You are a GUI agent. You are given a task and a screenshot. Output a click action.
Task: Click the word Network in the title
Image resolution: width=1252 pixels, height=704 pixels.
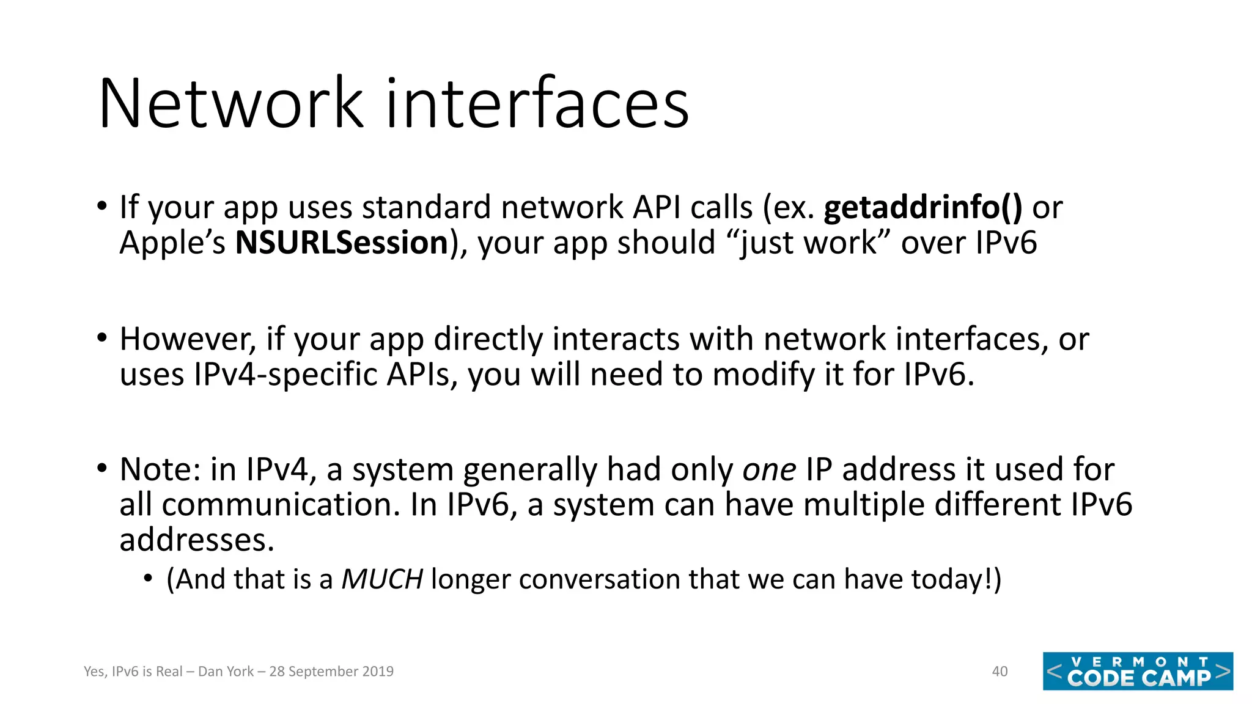(231, 104)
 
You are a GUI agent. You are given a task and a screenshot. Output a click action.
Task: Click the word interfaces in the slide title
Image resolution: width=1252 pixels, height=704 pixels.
(537, 104)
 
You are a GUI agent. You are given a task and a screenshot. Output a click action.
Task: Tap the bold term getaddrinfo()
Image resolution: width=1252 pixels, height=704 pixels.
(922, 208)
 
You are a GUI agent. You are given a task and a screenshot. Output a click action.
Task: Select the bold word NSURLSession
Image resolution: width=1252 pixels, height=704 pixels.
(342, 243)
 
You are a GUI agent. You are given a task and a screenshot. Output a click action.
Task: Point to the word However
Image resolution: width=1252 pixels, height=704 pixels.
(187, 339)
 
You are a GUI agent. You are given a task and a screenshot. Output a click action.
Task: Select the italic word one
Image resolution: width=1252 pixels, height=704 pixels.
(769, 470)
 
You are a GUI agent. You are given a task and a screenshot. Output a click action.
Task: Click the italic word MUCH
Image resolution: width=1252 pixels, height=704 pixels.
(382, 579)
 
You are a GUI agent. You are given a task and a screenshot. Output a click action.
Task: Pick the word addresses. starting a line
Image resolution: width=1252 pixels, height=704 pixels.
(197, 540)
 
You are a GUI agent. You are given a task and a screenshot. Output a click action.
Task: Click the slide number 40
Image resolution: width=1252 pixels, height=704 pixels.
(1000, 672)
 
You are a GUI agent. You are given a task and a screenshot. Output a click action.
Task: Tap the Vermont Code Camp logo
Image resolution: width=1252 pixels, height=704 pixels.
(1138, 672)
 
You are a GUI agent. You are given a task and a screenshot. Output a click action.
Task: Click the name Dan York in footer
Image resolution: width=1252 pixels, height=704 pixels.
(226, 672)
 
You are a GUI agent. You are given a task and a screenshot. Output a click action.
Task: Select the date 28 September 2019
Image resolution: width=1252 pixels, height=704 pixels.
(331, 672)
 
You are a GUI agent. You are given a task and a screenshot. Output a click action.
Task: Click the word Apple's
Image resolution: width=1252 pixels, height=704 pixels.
(172, 243)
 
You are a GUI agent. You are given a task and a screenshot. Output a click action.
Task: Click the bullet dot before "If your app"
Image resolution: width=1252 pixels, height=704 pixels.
(102, 206)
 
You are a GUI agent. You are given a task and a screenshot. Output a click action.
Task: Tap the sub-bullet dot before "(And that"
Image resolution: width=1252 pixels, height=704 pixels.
(148, 578)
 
